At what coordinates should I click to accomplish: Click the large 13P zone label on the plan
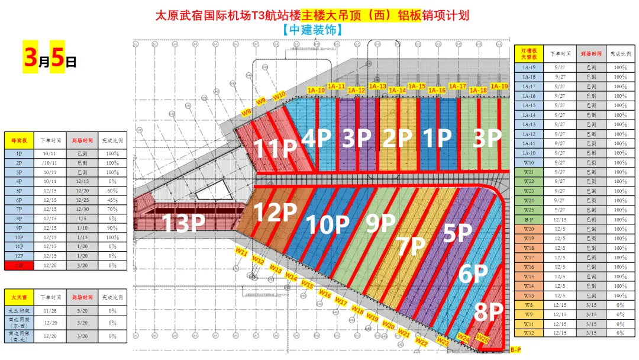pyautogui.click(x=183, y=223)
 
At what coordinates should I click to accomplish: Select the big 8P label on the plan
pyautogui.click(x=488, y=312)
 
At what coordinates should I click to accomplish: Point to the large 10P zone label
pyautogui.click(x=328, y=224)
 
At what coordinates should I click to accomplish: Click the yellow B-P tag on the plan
pyautogui.click(x=515, y=349)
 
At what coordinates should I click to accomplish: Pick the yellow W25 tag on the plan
pyautogui.click(x=482, y=339)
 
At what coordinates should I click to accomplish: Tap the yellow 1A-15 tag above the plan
pyautogui.click(x=417, y=86)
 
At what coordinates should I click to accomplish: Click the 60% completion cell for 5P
pyautogui.click(x=112, y=191)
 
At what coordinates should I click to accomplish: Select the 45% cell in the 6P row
pyautogui.click(x=112, y=200)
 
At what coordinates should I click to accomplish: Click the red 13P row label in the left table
pyautogui.click(x=18, y=265)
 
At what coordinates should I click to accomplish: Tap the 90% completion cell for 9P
pyautogui.click(x=112, y=228)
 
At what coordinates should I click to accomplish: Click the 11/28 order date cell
pyautogui.click(x=50, y=311)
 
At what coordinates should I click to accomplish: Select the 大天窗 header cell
pyautogui.click(x=18, y=297)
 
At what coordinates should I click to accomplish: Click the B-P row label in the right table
pyautogui.click(x=528, y=219)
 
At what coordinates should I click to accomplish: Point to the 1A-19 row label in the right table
pyautogui.click(x=528, y=67)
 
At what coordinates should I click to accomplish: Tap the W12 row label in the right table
pyautogui.click(x=528, y=333)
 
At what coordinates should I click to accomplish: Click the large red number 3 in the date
pyautogui.click(x=30, y=57)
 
